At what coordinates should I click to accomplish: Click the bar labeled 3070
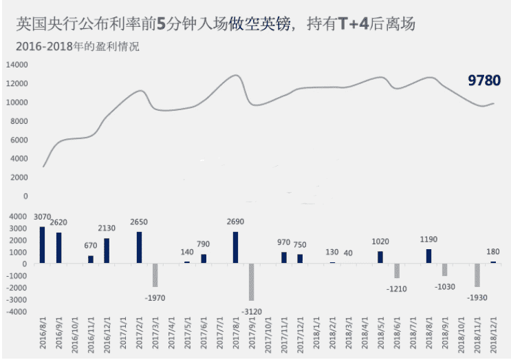click(42, 245)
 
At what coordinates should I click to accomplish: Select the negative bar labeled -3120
click(252, 282)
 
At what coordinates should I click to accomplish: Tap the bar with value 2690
click(235, 247)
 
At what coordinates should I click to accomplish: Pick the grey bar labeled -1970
click(155, 275)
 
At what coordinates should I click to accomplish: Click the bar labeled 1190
click(428, 256)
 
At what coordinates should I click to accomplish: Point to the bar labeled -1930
click(477, 275)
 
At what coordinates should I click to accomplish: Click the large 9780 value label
click(484, 81)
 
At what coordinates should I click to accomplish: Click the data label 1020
click(380, 242)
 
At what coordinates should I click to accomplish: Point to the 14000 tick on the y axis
click(16, 65)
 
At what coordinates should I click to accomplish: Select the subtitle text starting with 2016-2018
click(76, 47)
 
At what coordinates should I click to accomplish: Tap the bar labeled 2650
click(139, 247)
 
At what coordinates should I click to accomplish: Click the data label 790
click(204, 244)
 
